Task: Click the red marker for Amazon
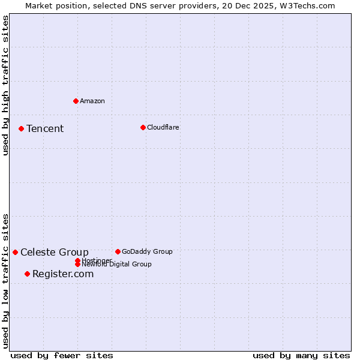(76, 101)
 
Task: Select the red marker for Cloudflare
(143, 127)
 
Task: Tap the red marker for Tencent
(21, 128)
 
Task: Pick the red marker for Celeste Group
(15, 252)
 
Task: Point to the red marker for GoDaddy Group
(118, 251)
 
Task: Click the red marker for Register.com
(27, 274)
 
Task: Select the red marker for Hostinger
(77, 260)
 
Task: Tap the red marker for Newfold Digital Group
(77, 264)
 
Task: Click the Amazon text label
(92, 101)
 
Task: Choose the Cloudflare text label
(163, 127)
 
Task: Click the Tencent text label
(45, 128)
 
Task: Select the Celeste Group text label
(55, 252)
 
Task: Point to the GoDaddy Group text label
(147, 251)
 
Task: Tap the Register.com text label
(63, 274)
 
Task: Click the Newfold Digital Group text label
(117, 265)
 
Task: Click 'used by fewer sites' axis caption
(62, 355)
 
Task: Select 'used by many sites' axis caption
(301, 355)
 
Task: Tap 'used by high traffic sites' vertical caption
(5, 85)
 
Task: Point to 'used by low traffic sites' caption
(5, 280)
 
